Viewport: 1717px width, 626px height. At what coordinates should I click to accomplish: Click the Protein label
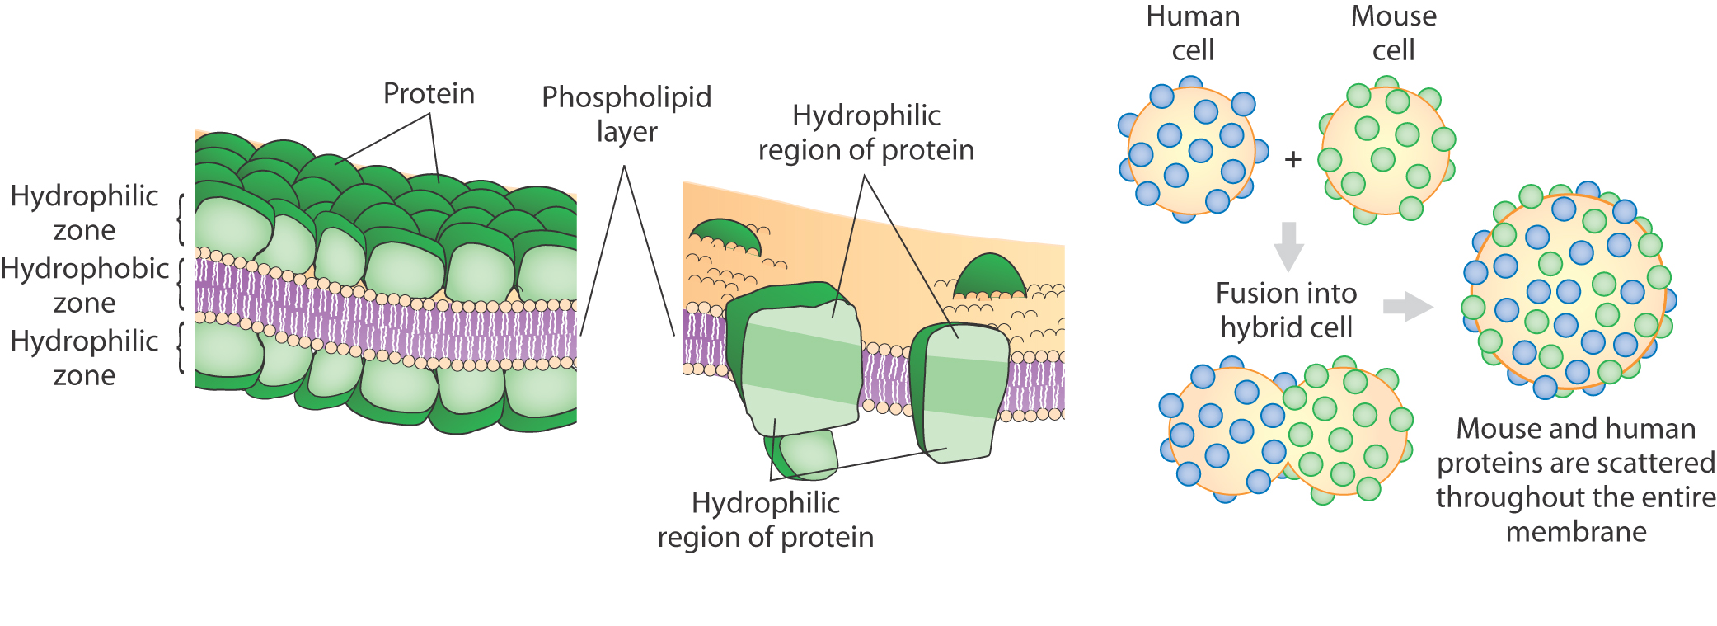(429, 94)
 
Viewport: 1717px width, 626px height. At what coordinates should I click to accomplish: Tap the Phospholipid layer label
(626, 114)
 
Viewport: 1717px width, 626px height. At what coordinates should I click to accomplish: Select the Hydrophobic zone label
(84, 285)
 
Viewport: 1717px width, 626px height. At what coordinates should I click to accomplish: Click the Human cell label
(1193, 33)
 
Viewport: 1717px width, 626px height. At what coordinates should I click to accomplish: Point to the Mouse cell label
(1393, 33)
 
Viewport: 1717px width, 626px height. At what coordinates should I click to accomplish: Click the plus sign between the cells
(1292, 158)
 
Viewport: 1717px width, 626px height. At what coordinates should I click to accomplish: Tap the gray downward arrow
(1288, 246)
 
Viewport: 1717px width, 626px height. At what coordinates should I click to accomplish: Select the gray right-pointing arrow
(1407, 306)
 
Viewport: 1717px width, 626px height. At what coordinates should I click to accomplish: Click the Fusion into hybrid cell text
(1286, 310)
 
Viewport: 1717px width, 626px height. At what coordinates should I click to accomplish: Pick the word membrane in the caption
(1576, 532)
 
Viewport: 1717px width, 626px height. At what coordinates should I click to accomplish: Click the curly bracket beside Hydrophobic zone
(181, 285)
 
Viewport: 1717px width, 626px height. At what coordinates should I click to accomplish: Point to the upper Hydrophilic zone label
(84, 213)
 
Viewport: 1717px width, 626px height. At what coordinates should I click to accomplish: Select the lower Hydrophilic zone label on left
(84, 358)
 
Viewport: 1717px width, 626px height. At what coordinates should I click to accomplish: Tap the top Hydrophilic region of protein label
(866, 132)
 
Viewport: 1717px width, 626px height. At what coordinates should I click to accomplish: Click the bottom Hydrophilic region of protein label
(765, 520)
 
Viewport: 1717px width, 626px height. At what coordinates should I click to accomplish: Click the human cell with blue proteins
(1190, 150)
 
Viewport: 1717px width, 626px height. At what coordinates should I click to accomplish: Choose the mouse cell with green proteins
(1386, 152)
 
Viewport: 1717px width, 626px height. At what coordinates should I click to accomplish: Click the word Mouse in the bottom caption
(1488, 429)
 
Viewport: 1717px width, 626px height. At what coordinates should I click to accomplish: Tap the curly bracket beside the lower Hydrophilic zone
(181, 347)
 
